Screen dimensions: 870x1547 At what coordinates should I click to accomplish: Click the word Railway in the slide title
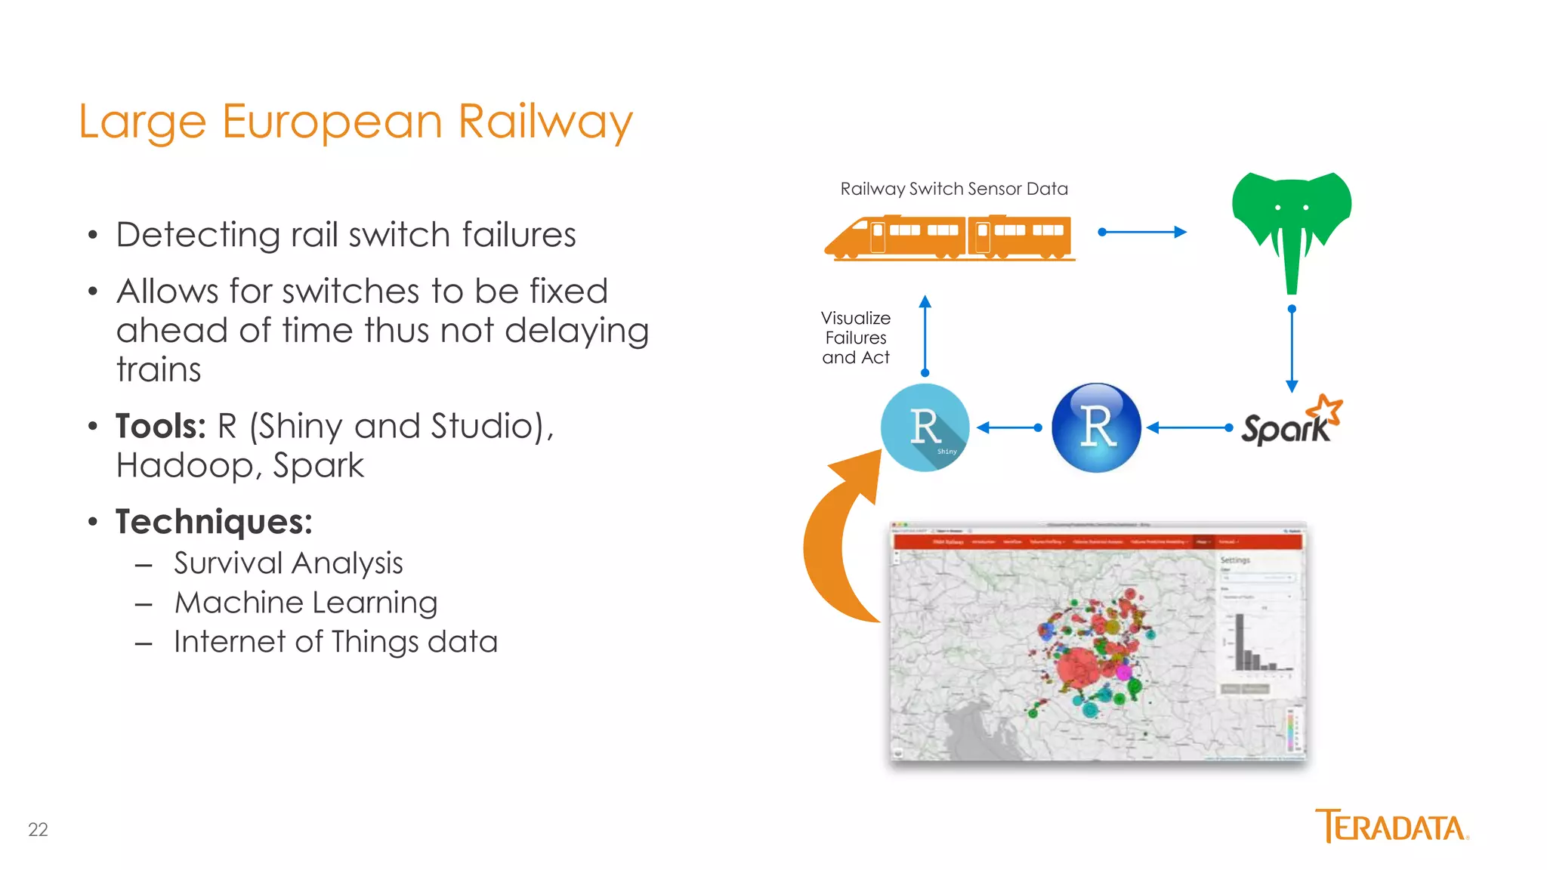[x=545, y=122]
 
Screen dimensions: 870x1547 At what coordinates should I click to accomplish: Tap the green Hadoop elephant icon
[x=1291, y=219]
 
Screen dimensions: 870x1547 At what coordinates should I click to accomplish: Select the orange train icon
[x=950, y=237]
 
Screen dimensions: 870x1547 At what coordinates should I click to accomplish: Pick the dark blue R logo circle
[x=1096, y=427]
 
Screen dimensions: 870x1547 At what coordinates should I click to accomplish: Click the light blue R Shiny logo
[x=925, y=427]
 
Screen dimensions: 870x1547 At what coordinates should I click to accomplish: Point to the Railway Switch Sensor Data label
[x=953, y=189]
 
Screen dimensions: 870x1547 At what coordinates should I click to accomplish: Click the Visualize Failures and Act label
[x=856, y=338]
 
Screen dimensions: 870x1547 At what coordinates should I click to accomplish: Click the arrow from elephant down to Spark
[x=1292, y=349]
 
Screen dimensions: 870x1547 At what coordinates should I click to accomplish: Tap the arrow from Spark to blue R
[x=1189, y=427]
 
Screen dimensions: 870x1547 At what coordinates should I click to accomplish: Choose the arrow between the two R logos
[x=1009, y=427]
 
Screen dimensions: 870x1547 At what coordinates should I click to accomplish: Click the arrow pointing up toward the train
[x=925, y=335]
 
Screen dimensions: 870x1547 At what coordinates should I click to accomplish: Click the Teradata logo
[x=1391, y=826]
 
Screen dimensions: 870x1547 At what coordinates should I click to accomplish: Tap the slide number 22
[x=38, y=829]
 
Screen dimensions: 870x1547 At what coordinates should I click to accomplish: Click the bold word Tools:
[x=160, y=426]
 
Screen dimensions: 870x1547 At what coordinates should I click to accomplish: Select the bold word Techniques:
[x=214, y=522]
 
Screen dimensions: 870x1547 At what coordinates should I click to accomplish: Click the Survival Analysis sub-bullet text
[x=288, y=563]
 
